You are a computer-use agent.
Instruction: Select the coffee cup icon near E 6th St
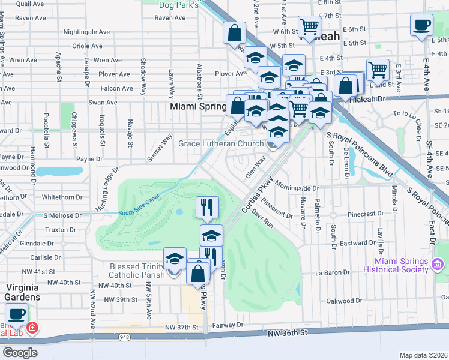(421, 26)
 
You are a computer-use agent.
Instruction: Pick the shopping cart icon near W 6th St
(310, 26)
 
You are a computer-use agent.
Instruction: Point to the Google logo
(19, 353)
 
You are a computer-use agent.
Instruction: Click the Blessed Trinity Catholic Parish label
(140, 271)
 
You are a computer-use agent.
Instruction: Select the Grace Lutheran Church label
(221, 144)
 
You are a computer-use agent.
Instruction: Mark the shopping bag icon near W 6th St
(235, 33)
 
